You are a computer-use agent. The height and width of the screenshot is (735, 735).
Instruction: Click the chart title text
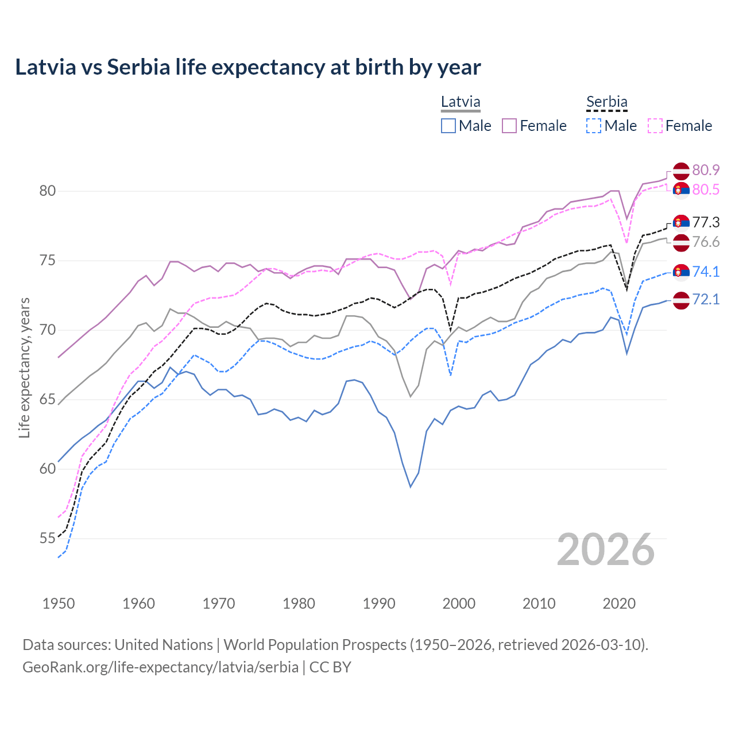(247, 67)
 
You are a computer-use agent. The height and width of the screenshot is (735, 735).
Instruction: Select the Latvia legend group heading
(461, 102)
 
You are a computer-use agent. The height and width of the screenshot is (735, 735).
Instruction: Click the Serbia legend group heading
(606, 102)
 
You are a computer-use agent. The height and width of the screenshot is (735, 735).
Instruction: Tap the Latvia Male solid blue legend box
(448, 126)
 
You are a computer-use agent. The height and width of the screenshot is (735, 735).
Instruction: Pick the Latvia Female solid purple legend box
(509, 126)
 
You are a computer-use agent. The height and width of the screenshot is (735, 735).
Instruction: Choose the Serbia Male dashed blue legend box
(594, 126)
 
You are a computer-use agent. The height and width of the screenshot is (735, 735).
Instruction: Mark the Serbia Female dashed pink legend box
(655, 126)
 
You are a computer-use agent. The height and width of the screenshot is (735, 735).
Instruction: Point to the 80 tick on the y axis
(48, 191)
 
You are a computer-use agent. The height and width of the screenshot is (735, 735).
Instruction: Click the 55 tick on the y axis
(48, 539)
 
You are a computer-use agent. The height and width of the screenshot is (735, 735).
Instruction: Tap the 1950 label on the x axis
(59, 604)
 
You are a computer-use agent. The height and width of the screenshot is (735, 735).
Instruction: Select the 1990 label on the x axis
(379, 604)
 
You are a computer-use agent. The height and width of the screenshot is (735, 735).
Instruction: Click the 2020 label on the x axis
(619, 604)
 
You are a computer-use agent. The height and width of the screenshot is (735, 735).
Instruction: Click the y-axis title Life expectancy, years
(24, 367)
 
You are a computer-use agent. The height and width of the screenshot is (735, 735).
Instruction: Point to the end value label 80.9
(706, 170)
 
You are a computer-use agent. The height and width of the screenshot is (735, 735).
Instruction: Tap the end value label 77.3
(706, 222)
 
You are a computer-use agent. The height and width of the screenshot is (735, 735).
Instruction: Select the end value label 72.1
(706, 299)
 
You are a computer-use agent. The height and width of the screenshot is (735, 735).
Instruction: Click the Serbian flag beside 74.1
(681, 272)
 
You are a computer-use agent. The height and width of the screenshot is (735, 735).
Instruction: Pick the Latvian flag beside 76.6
(681, 242)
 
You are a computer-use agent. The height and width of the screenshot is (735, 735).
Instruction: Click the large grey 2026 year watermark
(606, 550)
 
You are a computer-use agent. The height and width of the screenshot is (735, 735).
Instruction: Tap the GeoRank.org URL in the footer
(160, 667)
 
